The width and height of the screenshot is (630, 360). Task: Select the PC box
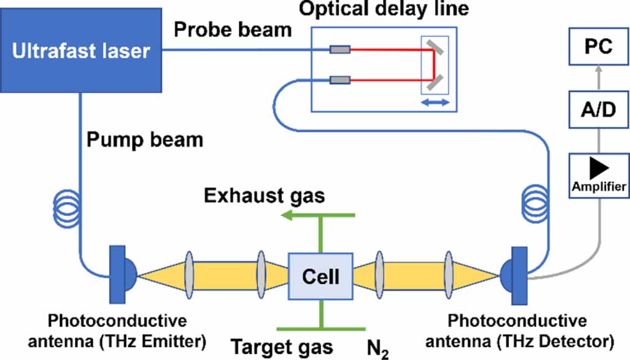[598, 47]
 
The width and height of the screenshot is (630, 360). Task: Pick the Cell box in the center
[320, 276]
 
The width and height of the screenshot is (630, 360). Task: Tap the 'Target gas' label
[282, 347]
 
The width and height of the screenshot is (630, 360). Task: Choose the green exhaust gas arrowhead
[286, 216]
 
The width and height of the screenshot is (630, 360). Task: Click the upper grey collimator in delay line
[340, 50]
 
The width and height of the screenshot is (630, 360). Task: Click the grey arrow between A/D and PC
[598, 79]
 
